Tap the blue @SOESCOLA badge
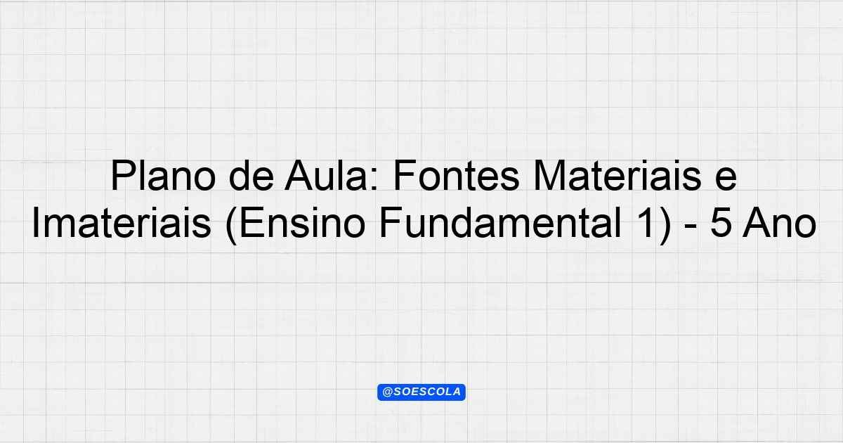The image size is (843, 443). (x=421, y=392)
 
